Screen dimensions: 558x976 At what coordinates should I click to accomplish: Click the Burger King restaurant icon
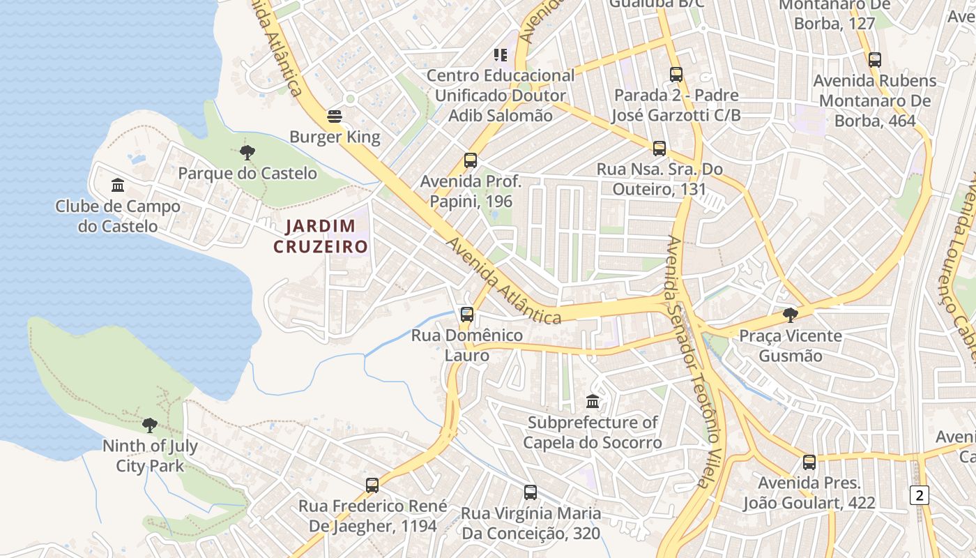click(x=335, y=116)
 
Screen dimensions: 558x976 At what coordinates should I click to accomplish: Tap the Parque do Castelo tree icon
click(x=247, y=153)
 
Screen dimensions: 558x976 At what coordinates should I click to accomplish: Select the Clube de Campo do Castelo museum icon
click(x=118, y=186)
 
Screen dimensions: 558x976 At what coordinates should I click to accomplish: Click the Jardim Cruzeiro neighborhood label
click(x=321, y=236)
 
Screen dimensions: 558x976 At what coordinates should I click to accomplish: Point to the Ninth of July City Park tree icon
click(x=149, y=425)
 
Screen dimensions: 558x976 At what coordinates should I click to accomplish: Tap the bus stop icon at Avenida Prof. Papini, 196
click(x=471, y=160)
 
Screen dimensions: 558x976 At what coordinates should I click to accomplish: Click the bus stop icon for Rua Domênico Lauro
click(x=467, y=315)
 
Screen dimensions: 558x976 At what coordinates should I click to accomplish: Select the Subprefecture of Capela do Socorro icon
click(x=593, y=402)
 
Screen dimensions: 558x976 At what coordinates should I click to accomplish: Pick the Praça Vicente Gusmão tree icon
click(x=790, y=315)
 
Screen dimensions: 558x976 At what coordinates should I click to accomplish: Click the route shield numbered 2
click(x=920, y=495)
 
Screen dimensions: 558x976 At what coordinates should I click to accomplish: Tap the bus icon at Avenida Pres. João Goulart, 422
click(x=809, y=462)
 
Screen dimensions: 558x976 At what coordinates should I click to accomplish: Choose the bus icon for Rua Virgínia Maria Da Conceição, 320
click(x=531, y=492)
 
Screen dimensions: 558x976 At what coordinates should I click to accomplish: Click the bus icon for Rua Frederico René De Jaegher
click(x=372, y=485)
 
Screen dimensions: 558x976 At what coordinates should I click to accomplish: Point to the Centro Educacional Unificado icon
click(x=500, y=54)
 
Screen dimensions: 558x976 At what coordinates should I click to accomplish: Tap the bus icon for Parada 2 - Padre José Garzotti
click(x=676, y=74)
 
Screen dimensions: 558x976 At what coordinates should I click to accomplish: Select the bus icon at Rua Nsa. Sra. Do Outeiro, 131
click(x=659, y=148)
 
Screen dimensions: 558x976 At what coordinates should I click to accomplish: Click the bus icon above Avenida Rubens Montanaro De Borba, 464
click(x=875, y=60)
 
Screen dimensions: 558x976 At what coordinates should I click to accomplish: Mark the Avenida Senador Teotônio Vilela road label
click(x=689, y=360)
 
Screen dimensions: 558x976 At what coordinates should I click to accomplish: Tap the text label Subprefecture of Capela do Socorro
click(x=592, y=432)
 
